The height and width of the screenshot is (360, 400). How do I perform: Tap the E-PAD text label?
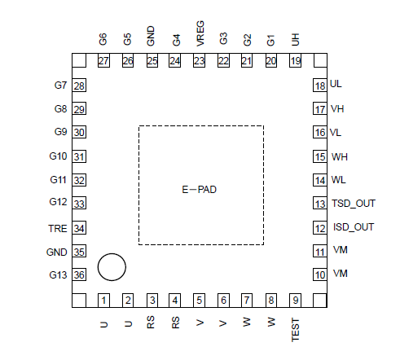(x=199, y=190)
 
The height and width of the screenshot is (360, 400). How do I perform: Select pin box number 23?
(x=199, y=60)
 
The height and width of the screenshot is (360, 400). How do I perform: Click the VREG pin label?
(x=200, y=33)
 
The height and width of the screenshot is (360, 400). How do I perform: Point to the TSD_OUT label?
(x=354, y=204)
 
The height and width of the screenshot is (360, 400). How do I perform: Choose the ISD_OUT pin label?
(x=354, y=227)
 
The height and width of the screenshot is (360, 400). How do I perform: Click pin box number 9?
(x=296, y=301)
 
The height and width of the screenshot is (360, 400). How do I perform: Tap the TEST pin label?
(x=295, y=330)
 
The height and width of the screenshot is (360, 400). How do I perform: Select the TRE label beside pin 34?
(x=58, y=229)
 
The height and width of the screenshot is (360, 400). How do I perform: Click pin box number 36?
(x=79, y=274)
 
